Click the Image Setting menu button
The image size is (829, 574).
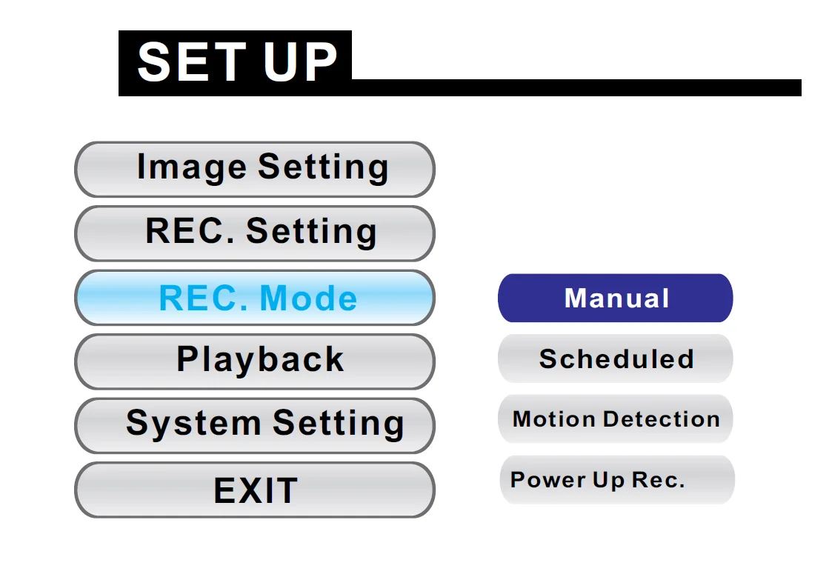click(x=255, y=169)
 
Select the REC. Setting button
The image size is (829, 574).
click(x=255, y=233)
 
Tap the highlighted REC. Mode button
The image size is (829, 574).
click(x=255, y=298)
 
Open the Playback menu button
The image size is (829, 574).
click(x=255, y=361)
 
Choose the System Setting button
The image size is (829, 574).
click(x=255, y=425)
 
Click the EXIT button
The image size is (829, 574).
click(x=255, y=490)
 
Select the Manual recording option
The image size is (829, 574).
click(x=616, y=298)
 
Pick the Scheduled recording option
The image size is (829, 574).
click(x=616, y=358)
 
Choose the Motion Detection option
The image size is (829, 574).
click(x=616, y=418)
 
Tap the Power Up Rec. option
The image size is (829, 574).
click(x=617, y=480)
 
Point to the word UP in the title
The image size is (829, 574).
click(x=300, y=62)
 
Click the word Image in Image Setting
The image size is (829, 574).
click(x=192, y=168)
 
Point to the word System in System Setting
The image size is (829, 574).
click(x=193, y=424)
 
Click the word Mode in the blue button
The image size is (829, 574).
click(x=309, y=298)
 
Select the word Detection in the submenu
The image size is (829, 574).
click(x=662, y=419)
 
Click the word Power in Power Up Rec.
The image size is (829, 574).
click(x=547, y=480)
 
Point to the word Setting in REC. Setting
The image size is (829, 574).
click(x=311, y=233)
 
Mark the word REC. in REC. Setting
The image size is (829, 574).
click(x=190, y=231)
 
